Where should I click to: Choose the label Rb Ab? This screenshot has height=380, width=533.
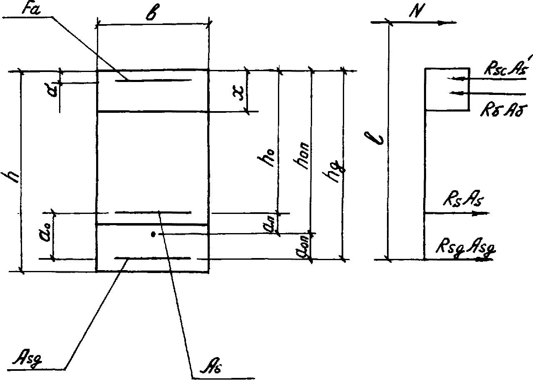point(498,109)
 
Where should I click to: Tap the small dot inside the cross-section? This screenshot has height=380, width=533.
point(154,235)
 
